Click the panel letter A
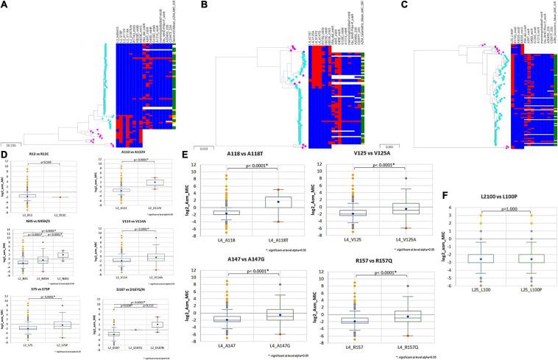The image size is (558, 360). pos(6,5)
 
